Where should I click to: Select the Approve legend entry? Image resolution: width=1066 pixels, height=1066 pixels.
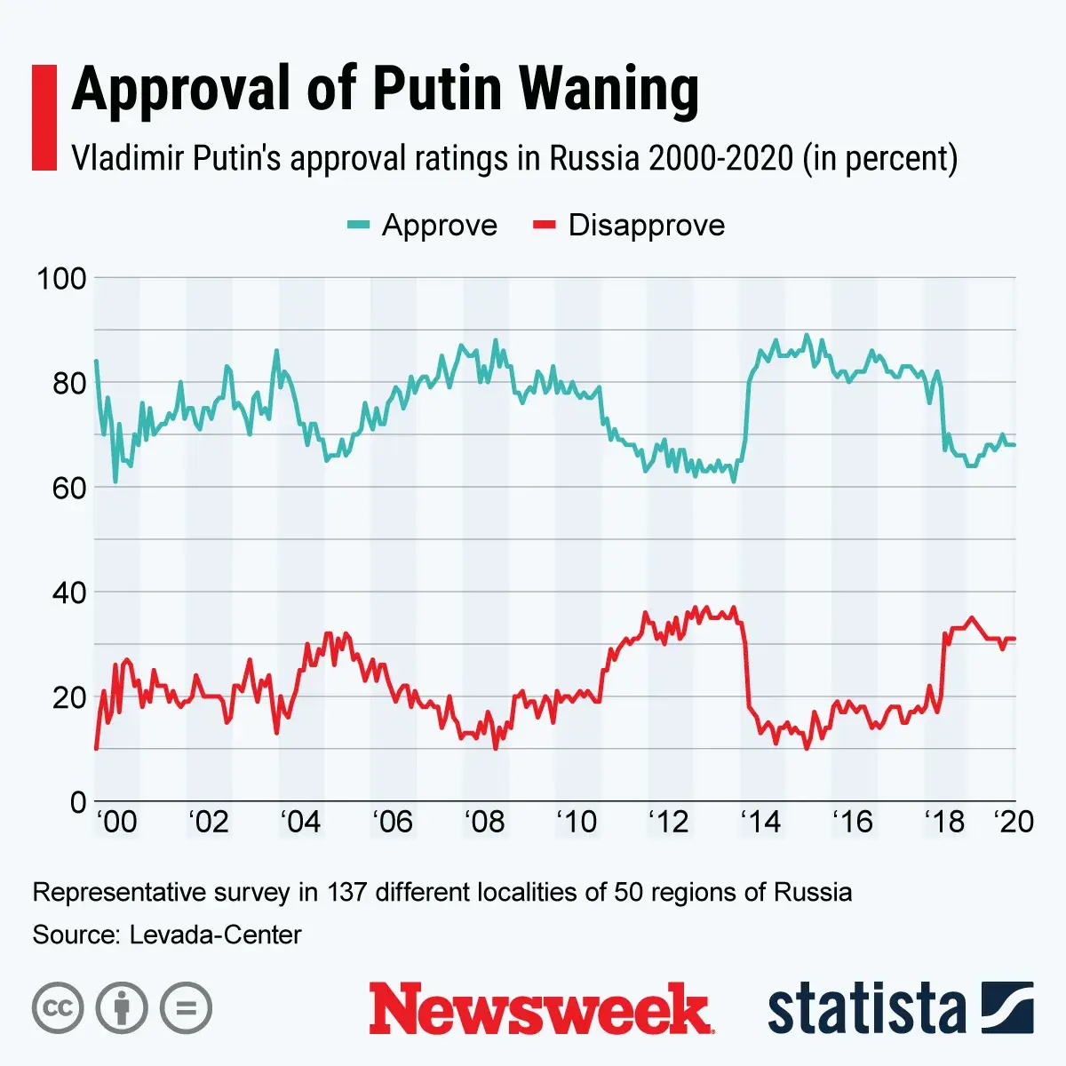tap(422, 226)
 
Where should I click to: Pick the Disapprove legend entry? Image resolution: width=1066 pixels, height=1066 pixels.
tap(628, 226)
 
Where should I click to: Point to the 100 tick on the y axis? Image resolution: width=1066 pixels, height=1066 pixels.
tap(61, 278)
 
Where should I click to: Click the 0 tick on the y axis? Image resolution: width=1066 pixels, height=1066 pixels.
tap(77, 801)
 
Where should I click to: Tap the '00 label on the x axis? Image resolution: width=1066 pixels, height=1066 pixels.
tap(116, 823)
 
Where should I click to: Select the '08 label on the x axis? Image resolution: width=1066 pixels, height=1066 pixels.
tap(484, 823)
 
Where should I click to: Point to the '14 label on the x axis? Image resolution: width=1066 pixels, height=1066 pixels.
tap(760, 823)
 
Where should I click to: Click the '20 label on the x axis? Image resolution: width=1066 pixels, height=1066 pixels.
tap(1014, 823)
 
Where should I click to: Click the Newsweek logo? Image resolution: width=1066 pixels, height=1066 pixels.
tap(540, 1009)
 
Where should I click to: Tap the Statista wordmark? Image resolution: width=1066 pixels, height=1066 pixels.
tap(866, 1009)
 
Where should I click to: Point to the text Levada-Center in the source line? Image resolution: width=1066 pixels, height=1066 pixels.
tap(215, 935)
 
